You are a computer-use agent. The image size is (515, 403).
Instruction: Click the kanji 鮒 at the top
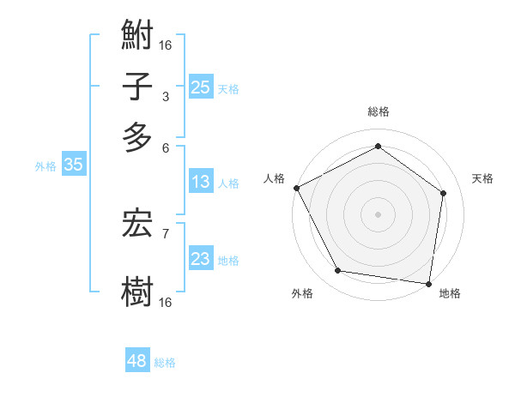coord(137,39)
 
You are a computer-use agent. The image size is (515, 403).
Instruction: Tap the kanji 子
coord(137,87)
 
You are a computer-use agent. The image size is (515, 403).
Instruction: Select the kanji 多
coord(137,136)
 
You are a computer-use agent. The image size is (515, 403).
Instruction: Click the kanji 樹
coord(137,290)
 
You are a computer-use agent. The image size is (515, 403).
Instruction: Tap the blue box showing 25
coord(201,87)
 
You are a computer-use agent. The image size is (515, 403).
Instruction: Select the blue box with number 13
coord(201,182)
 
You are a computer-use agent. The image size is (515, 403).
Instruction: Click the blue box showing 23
coord(201,259)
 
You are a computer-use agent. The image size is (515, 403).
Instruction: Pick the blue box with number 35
coord(73,165)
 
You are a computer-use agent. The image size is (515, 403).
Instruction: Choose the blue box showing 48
coord(137,361)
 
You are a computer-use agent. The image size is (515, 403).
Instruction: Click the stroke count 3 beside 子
coord(165,97)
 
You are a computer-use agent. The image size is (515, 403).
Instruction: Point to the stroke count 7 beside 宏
coord(165,232)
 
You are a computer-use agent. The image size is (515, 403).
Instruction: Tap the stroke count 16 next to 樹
coord(165,302)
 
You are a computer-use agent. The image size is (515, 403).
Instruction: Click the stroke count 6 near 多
coord(165,147)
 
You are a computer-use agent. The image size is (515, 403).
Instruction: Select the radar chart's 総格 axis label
coord(379,112)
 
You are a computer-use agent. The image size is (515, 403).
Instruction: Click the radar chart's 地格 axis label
coord(450,293)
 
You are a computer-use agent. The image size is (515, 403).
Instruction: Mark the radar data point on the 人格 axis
coord(296,188)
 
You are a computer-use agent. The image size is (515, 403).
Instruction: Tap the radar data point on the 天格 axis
coord(444,193)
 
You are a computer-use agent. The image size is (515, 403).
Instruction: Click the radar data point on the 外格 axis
coord(338,271)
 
